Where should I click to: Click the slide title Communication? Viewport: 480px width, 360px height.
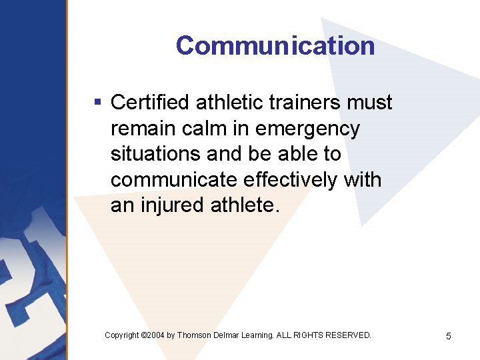[x=275, y=46]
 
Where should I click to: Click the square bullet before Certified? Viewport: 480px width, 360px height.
[x=97, y=103]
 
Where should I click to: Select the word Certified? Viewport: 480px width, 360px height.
[x=150, y=103]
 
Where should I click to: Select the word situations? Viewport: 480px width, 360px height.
[x=156, y=154]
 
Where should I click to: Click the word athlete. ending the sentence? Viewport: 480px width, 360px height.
[x=242, y=205]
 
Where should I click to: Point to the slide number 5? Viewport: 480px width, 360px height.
[x=448, y=336]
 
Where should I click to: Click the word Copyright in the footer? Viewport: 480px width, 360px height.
[x=122, y=335]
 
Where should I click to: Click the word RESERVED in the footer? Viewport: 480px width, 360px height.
[x=348, y=335]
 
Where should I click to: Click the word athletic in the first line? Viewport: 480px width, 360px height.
[x=228, y=103]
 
